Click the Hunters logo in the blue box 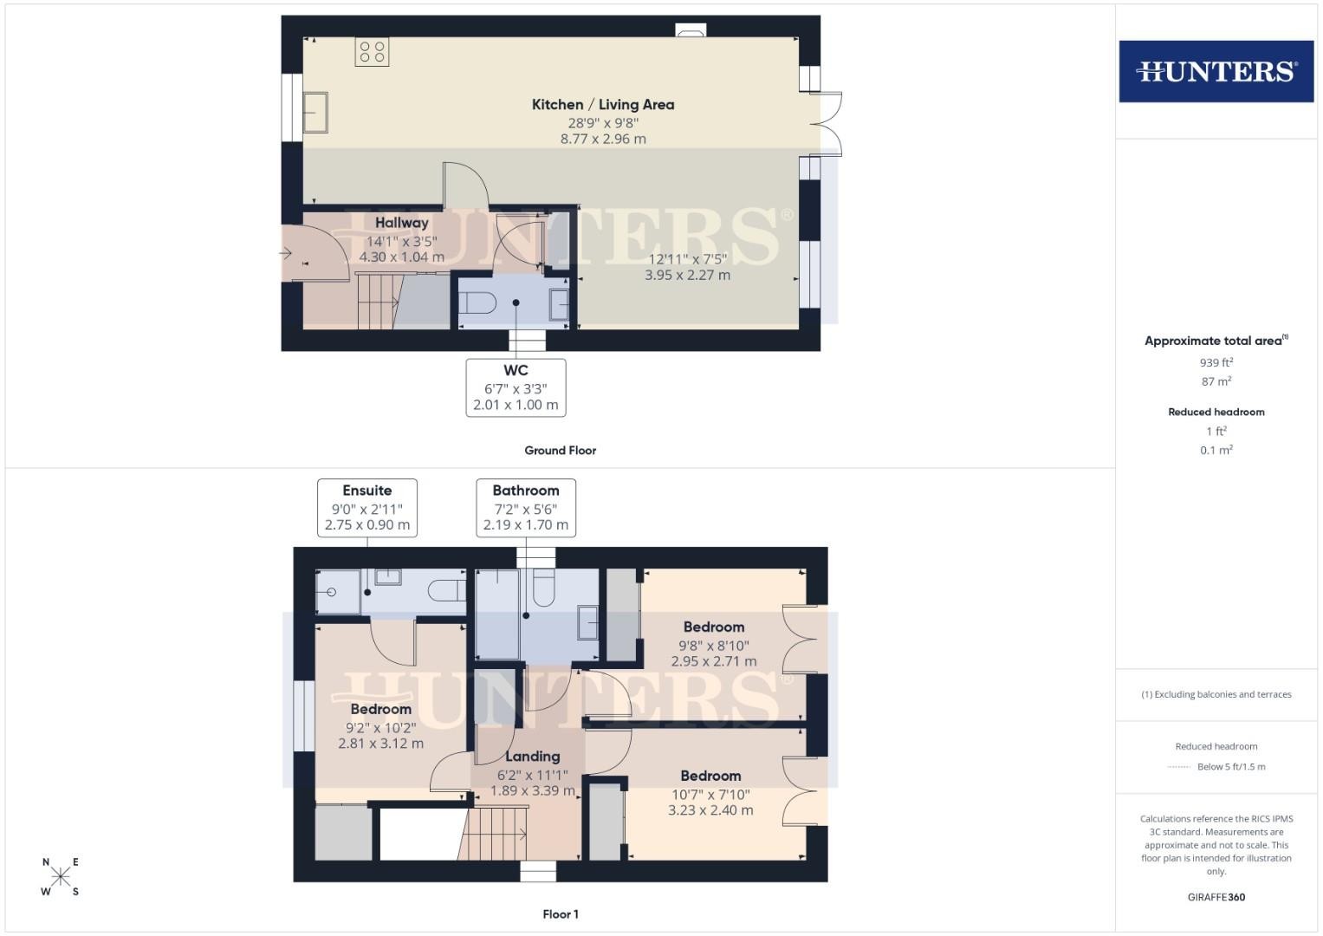click(x=1216, y=71)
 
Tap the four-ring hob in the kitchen click(x=372, y=52)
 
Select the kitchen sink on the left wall click(x=315, y=113)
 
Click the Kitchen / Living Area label click(x=603, y=105)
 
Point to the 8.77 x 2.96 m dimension click(x=603, y=139)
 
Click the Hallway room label click(x=402, y=223)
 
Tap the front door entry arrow click(x=286, y=253)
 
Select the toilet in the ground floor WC click(x=477, y=303)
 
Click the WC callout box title click(x=516, y=371)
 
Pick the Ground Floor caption click(x=560, y=451)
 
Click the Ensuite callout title click(x=366, y=491)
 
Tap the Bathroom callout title click(x=526, y=491)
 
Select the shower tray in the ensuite click(x=338, y=591)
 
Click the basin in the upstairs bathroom click(x=587, y=622)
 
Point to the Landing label click(x=532, y=757)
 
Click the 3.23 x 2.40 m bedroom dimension click(x=710, y=810)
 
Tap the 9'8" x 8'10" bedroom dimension click(x=713, y=646)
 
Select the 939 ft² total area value click(x=1216, y=362)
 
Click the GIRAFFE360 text click(x=1216, y=897)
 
